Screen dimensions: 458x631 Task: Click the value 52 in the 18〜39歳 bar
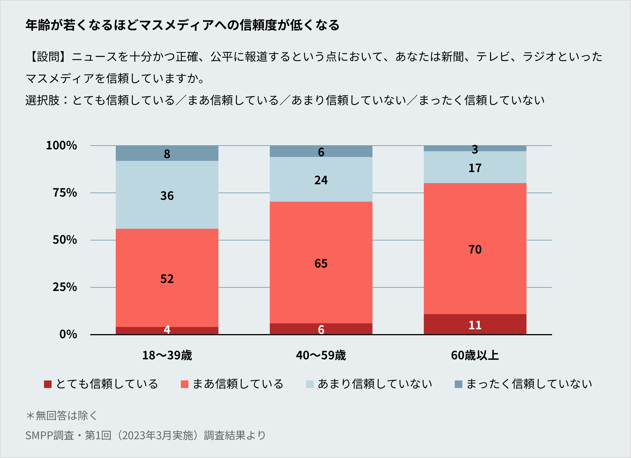click(x=167, y=279)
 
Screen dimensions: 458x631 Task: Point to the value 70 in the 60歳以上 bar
click(x=475, y=249)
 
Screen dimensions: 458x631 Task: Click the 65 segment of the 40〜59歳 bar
click(x=321, y=263)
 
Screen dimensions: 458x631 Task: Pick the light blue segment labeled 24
click(x=321, y=180)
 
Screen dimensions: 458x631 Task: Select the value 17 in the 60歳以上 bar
click(x=475, y=168)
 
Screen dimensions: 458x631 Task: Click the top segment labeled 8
click(x=167, y=154)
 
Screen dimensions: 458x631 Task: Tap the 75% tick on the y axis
click(x=65, y=193)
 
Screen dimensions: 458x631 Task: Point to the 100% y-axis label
click(x=61, y=145)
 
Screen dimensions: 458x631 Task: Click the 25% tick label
click(x=65, y=287)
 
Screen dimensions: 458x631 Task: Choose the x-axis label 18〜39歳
click(x=167, y=355)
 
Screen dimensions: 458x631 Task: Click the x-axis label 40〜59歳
click(x=321, y=355)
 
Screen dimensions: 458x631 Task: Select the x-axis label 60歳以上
click(x=475, y=355)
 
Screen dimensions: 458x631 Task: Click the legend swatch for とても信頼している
click(x=48, y=384)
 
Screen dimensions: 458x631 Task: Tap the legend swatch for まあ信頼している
click(x=185, y=384)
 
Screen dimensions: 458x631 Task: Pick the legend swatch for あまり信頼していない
click(x=310, y=384)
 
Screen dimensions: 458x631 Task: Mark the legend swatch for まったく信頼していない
click(x=458, y=384)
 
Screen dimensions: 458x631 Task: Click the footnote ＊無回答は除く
click(x=61, y=415)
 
